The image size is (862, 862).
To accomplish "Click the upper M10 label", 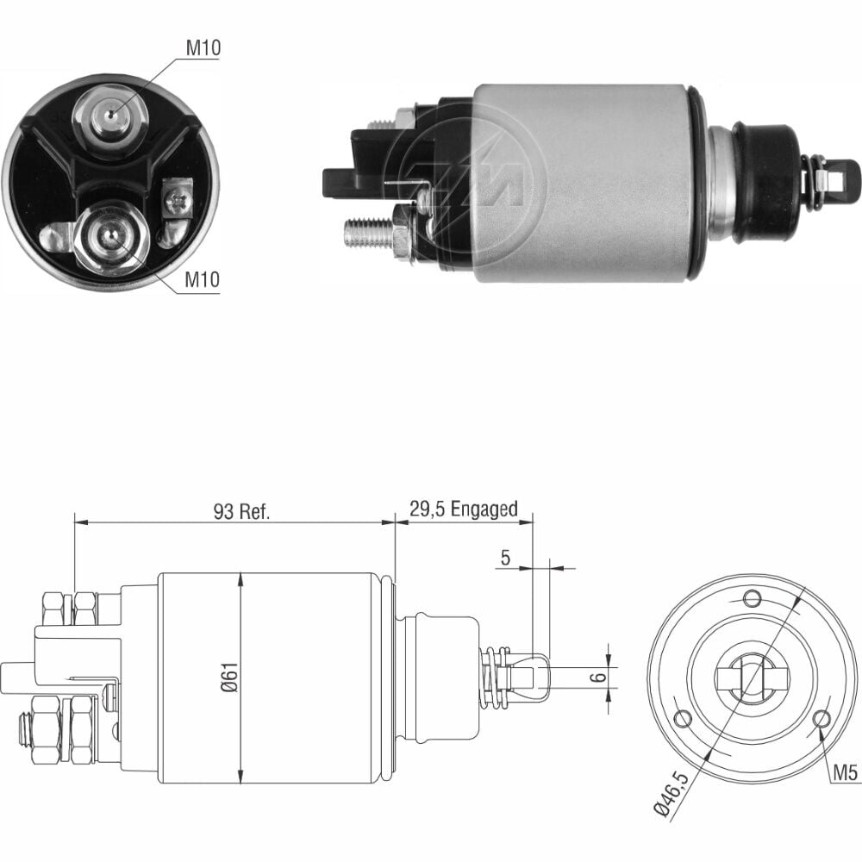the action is click(203, 47).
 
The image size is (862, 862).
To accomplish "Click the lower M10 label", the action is click(202, 280).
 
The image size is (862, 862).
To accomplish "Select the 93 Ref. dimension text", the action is click(242, 512).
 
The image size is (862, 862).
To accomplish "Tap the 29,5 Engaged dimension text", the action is click(464, 509).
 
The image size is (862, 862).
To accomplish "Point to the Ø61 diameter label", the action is click(231, 678).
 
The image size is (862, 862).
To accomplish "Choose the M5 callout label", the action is click(845, 773).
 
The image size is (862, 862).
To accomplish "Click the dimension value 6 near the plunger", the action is click(601, 676).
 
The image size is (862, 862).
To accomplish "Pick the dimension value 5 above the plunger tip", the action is click(505, 558).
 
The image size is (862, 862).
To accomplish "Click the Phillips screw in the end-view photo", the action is click(178, 197).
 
